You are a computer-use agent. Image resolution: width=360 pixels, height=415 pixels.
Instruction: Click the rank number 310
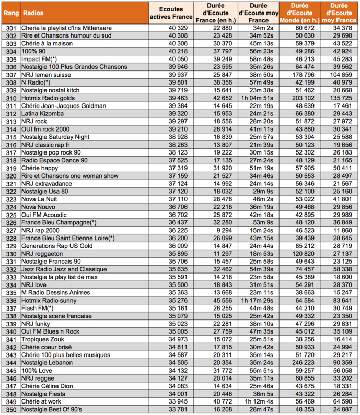pos(9,98)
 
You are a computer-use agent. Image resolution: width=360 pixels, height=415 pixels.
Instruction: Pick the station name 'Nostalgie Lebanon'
pos(49,362)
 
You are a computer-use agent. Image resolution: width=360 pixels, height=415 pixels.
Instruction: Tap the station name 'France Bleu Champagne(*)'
pos(59,222)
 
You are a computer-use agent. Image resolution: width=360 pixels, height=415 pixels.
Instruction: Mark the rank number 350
pos(9,409)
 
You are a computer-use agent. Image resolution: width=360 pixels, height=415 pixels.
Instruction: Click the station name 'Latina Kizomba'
pos(43,113)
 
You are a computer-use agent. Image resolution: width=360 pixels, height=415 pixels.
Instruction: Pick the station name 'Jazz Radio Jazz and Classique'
pos(64,269)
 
